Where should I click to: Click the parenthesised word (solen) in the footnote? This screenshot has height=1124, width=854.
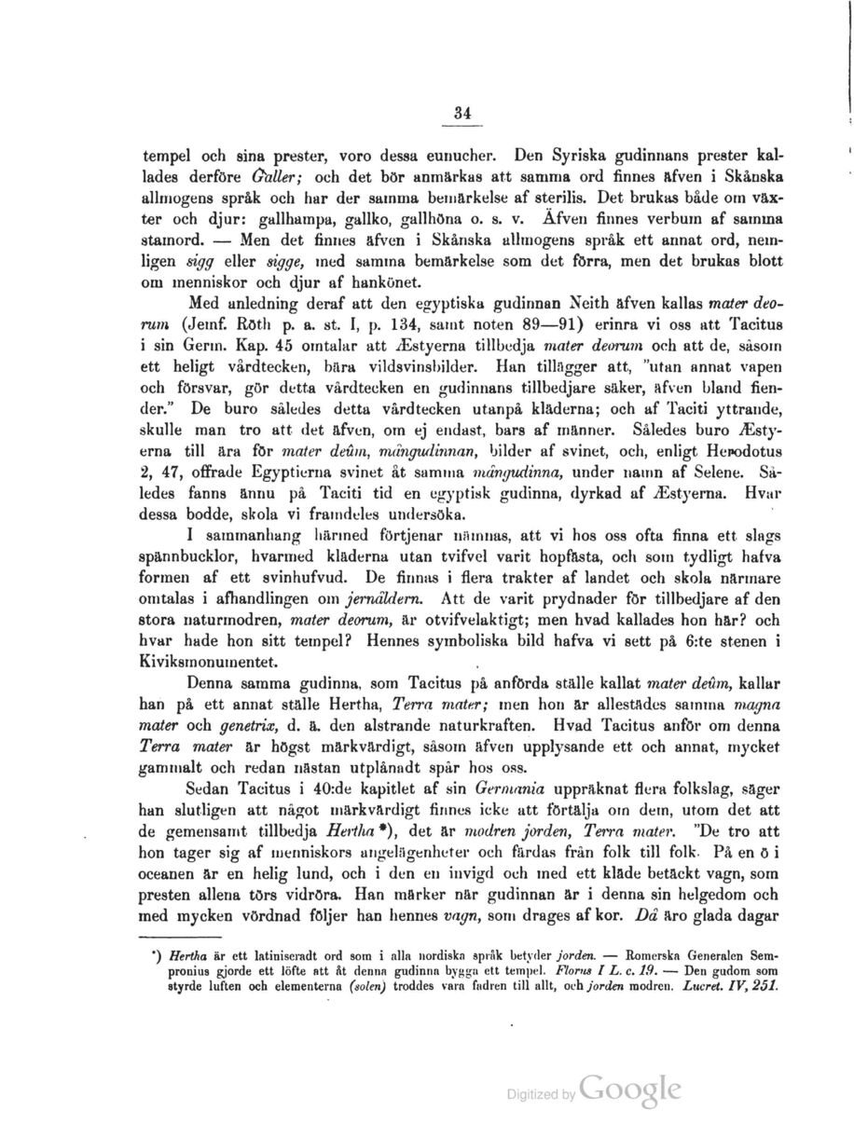tap(362, 985)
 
